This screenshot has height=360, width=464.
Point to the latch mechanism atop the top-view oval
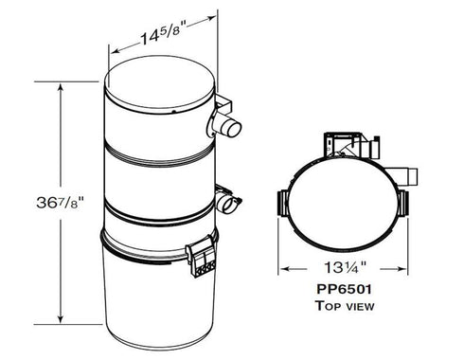352,147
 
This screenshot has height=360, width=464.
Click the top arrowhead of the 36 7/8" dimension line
62,86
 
